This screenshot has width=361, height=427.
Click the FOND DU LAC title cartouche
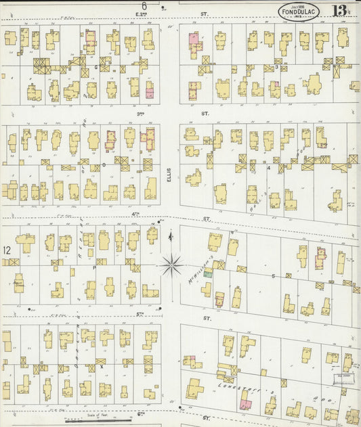[x=298, y=11]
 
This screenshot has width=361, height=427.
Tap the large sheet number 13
[x=341, y=11]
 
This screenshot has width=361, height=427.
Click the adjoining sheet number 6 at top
[x=144, y=5]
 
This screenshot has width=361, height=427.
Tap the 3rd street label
[x=141, y=114]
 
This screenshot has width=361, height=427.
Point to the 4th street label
[x=135, y=214]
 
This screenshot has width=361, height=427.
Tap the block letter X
[x=101, y=366]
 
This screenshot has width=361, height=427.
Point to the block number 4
[x=268, y=168]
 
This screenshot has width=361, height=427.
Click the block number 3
[x=277, y=67]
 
